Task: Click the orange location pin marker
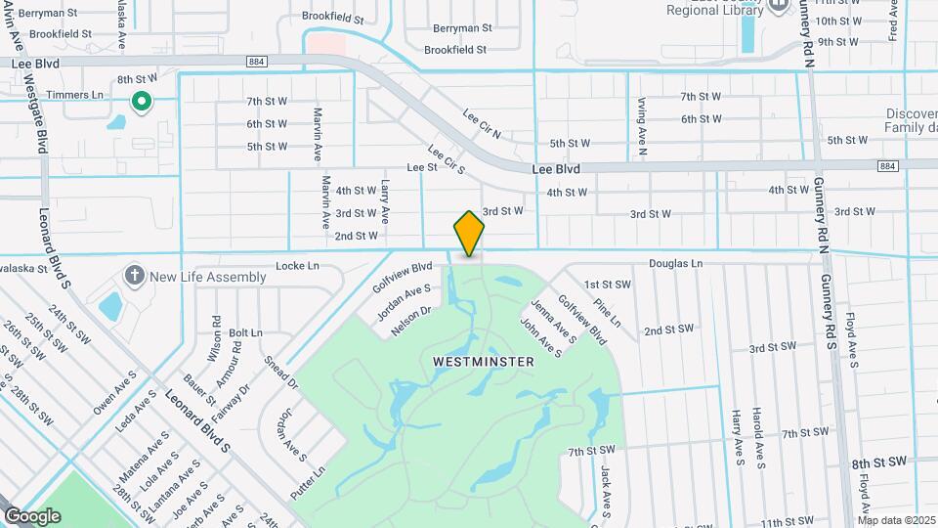(469, 234)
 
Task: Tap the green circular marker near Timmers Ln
(141, 101)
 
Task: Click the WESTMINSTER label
(484, 362)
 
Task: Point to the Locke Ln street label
(297, 266)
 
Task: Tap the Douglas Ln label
(676, 264)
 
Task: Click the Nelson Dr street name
(410, 321)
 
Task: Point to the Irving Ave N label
(642, 127)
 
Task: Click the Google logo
(32, 516)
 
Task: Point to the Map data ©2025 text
(897, 520)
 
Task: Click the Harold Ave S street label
(758, 437)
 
